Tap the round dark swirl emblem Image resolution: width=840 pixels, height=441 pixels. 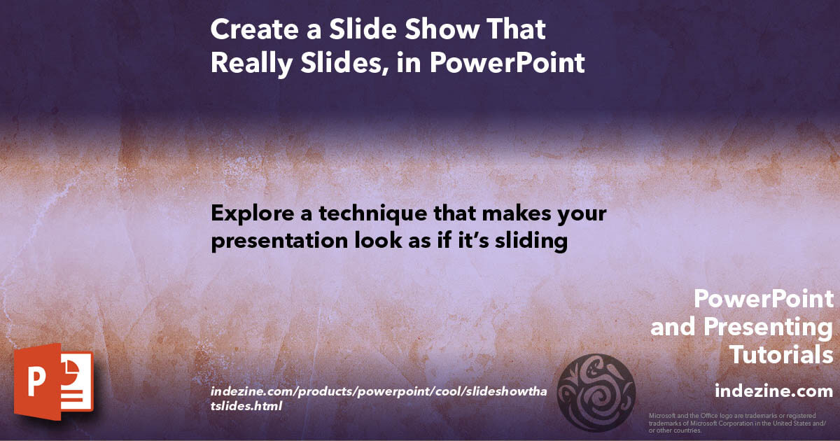pos(595,392)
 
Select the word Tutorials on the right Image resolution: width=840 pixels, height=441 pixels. pos(781,355)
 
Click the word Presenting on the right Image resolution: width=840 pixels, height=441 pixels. pos(768,327)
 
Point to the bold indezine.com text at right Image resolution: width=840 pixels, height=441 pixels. pos(773,391)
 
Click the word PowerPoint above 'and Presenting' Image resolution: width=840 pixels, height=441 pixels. pos(764,299)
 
